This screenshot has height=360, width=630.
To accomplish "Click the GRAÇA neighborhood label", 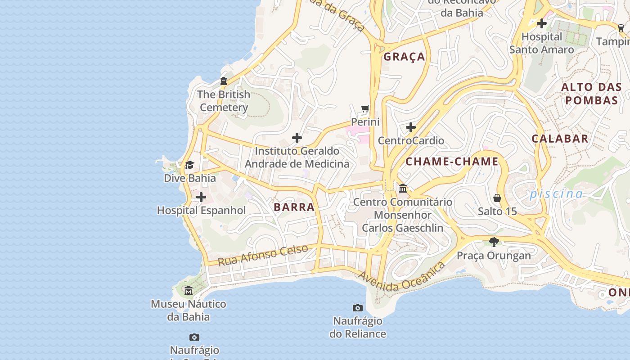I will coord(404,57).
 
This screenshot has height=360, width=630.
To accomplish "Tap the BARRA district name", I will coord(294,207).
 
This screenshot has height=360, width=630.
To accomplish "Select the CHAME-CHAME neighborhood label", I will coord(452,162).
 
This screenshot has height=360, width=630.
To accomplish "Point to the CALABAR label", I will coord(560,139).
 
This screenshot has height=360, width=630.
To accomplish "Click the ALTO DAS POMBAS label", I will coord(590,94).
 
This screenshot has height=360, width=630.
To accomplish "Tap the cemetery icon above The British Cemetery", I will coord(224,81).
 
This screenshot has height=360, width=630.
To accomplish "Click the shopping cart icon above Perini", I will coord(365,109).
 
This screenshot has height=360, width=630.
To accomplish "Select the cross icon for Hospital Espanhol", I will coord(201,197).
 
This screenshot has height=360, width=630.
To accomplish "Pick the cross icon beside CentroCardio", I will coord(410,128).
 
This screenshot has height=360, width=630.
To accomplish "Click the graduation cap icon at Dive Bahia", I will coord(189,165).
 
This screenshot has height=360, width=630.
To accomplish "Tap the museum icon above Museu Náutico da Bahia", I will coord(189,291).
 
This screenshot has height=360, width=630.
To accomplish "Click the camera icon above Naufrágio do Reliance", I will coord(358,308).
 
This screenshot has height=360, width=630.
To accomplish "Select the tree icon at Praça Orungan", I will coord(494,242).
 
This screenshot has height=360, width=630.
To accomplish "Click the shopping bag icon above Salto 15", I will coord(497,198).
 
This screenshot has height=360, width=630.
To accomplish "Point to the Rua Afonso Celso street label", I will coord(263,255).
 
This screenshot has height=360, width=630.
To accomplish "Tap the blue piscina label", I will coord(556,194).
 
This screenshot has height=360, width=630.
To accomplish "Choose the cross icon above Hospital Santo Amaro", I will coord(542,23).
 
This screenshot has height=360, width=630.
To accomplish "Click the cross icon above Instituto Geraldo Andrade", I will coord(297,138).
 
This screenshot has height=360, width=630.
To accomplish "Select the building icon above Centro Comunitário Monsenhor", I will coord(403,188).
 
